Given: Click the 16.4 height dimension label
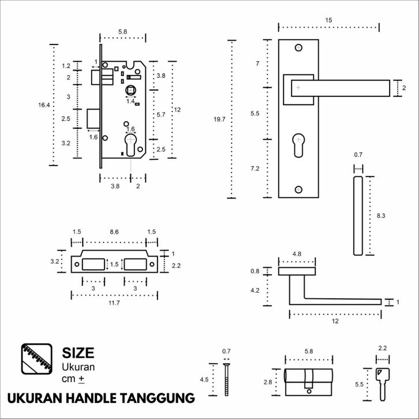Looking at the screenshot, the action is tap(44, 105).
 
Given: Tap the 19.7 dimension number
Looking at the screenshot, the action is tap(219, 119).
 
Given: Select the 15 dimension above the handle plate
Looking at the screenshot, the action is tap(329, 20).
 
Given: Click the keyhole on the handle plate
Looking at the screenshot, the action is tap(298, 145).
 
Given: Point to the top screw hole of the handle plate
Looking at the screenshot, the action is tap(298, 47).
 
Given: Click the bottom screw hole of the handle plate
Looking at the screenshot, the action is tap(298, 189).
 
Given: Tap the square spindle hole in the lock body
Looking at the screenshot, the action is tap(130, 91).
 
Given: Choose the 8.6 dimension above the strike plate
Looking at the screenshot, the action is tap(114, 231).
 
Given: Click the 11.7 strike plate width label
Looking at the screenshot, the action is tap(114, 303).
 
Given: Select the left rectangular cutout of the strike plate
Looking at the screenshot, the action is tap(93, 264).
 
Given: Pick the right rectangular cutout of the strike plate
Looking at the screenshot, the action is tap(135, 264).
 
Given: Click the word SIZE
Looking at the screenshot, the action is tap(78, 353).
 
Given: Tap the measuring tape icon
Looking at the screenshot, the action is tap(37, 359).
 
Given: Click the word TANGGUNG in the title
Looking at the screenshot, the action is tap(157, 398).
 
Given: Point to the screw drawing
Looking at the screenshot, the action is tap(227, 379).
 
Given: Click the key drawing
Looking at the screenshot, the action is tap(383, 384).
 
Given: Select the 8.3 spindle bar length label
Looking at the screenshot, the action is tap(381, 216).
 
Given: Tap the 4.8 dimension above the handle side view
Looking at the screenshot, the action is tap(297, 253).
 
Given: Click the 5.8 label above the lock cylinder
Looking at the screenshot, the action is tap(309, 351).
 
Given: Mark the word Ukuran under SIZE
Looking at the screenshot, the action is tap(78, 367).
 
